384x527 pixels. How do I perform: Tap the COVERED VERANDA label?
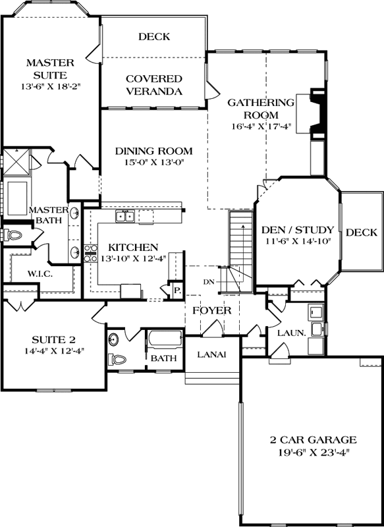click(x=153, y=84)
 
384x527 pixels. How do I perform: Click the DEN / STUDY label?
click(x=298, y=230)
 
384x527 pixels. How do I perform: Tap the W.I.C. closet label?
click(x=40, y=273)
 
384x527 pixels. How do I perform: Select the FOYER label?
click(x=211, y=310)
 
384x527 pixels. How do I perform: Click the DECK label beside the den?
click(x=361, y=233)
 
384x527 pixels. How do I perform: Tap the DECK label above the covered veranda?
click(x=153, y=37)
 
